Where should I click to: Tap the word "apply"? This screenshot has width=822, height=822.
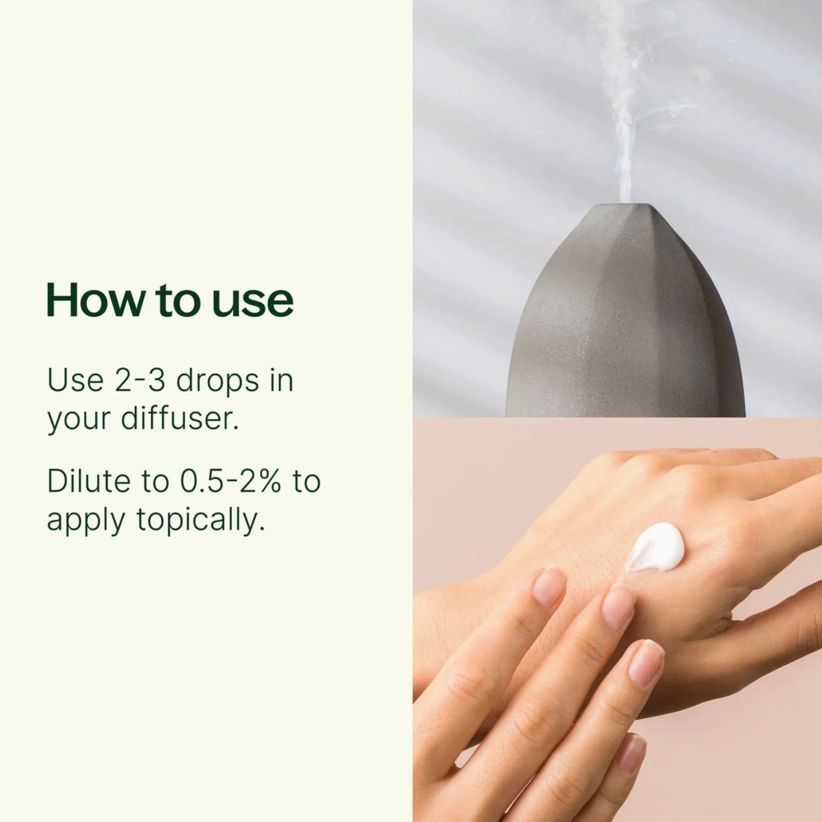[86, 521]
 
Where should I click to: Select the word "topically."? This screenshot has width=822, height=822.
[200, 521]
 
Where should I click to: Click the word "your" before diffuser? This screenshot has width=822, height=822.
[78, 421]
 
